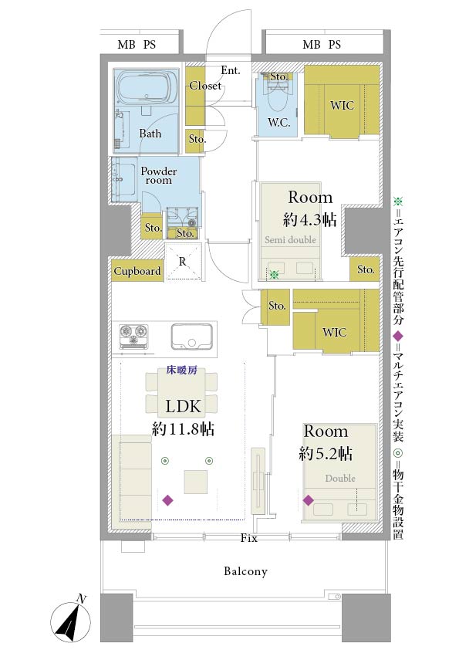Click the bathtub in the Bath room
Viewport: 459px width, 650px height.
pos(144,88)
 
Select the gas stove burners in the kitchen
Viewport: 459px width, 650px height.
pos(133,336)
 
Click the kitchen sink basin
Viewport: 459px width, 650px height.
pos(192,336)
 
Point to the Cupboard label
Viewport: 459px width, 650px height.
pos(137,271)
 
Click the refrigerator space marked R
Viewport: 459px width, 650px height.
pos(184,262)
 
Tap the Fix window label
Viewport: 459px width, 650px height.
pos(249,538)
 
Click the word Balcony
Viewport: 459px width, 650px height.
pos(245,571)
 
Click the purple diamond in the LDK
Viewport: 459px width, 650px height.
pos(167,500)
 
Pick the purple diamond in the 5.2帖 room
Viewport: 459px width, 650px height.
pos(309,500)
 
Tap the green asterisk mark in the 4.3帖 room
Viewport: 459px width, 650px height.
pos(274,273)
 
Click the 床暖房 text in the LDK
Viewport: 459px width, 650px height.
pos(181,371)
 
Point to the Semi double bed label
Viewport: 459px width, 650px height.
pos(290,239)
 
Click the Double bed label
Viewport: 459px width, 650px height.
pos(340,478)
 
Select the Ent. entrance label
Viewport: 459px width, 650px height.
pos(231,70)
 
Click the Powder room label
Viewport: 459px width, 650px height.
pos(159,175)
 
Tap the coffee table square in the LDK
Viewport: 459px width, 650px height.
pos(195,482)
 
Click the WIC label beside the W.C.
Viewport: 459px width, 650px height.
pos(343,105)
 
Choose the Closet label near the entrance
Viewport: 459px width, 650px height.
pos(205,86)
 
